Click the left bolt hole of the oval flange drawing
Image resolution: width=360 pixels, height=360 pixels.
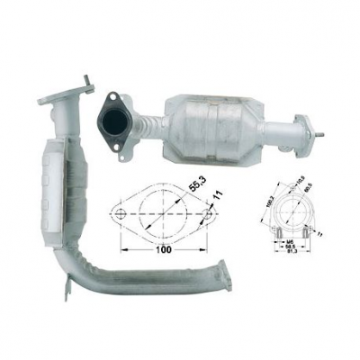coord(120,214)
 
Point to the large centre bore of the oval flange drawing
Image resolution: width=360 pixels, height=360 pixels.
coord(163,214)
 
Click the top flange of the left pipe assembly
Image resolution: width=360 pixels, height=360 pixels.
coord(73,89)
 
